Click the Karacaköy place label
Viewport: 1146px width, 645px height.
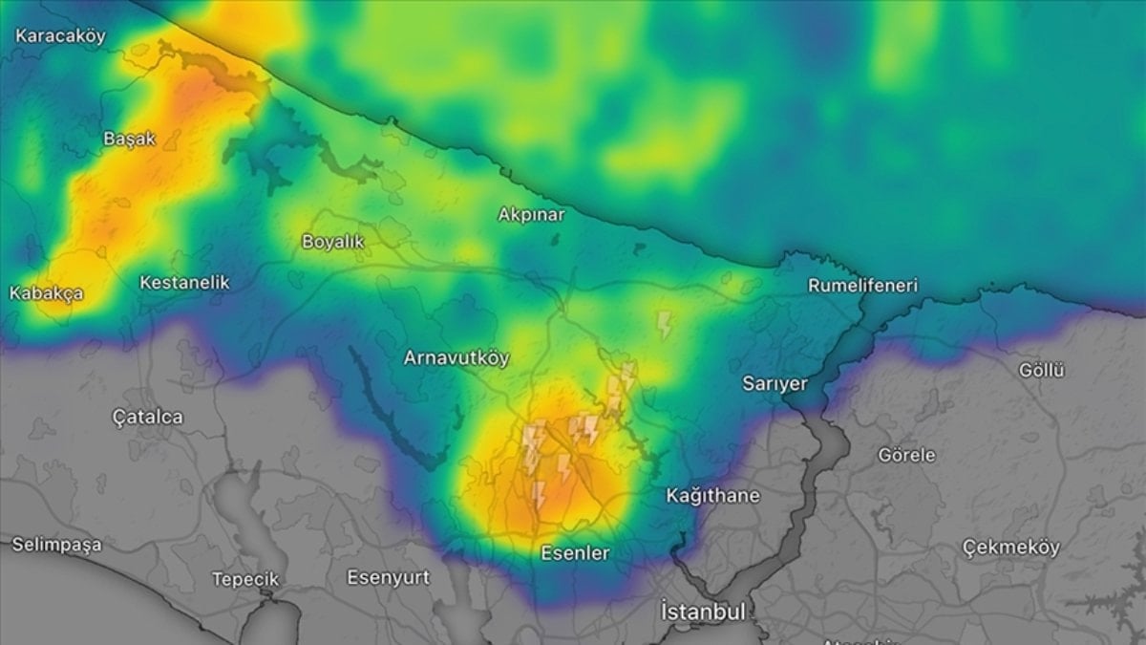[60, 36]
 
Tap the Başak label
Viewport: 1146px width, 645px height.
[129, 139]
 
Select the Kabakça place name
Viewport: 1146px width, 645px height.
[47, 293]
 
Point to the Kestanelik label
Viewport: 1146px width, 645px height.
[184, 283]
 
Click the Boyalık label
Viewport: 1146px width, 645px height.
[333, 242]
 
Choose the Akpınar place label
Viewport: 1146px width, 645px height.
[531, 215]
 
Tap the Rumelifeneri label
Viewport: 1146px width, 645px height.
[862, 286]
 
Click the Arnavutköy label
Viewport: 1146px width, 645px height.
[456, 358]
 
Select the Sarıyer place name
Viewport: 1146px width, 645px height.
[775, 384]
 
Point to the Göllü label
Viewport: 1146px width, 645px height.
[1041, 371]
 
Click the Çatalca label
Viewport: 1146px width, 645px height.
[147, 418]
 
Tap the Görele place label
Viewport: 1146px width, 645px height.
[906, 456]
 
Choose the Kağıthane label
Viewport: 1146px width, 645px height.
[712, 496]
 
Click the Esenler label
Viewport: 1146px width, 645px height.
[575, 553]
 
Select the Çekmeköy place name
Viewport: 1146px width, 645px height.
[1010, 548]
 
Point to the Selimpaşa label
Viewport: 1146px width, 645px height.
[56, 545]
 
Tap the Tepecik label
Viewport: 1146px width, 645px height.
[245, 579]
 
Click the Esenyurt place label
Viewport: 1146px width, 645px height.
[388, 578]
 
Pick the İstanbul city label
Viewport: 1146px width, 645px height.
[703, 611]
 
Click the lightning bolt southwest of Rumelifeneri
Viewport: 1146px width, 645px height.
[665, 324]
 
